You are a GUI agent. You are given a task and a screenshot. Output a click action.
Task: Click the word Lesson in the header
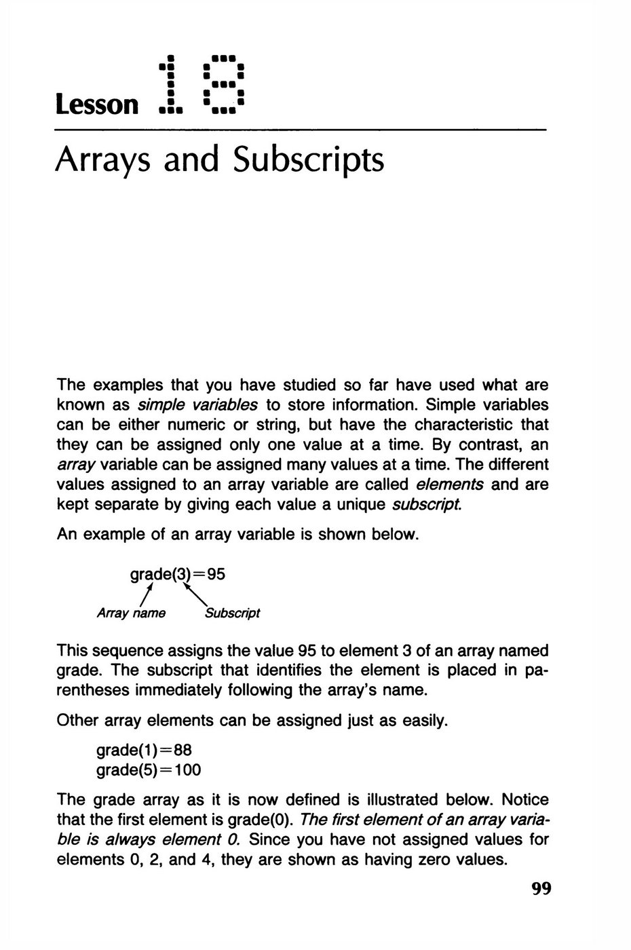tap(96, 105)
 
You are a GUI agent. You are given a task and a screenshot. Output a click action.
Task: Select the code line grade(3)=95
tap(177, 574)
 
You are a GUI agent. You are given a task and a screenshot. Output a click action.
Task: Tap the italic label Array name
tap(132, 613)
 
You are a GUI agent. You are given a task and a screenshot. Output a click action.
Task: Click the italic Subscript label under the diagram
tap(232, 613)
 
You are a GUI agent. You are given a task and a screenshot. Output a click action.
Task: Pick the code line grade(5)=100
tap(149, 770)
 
